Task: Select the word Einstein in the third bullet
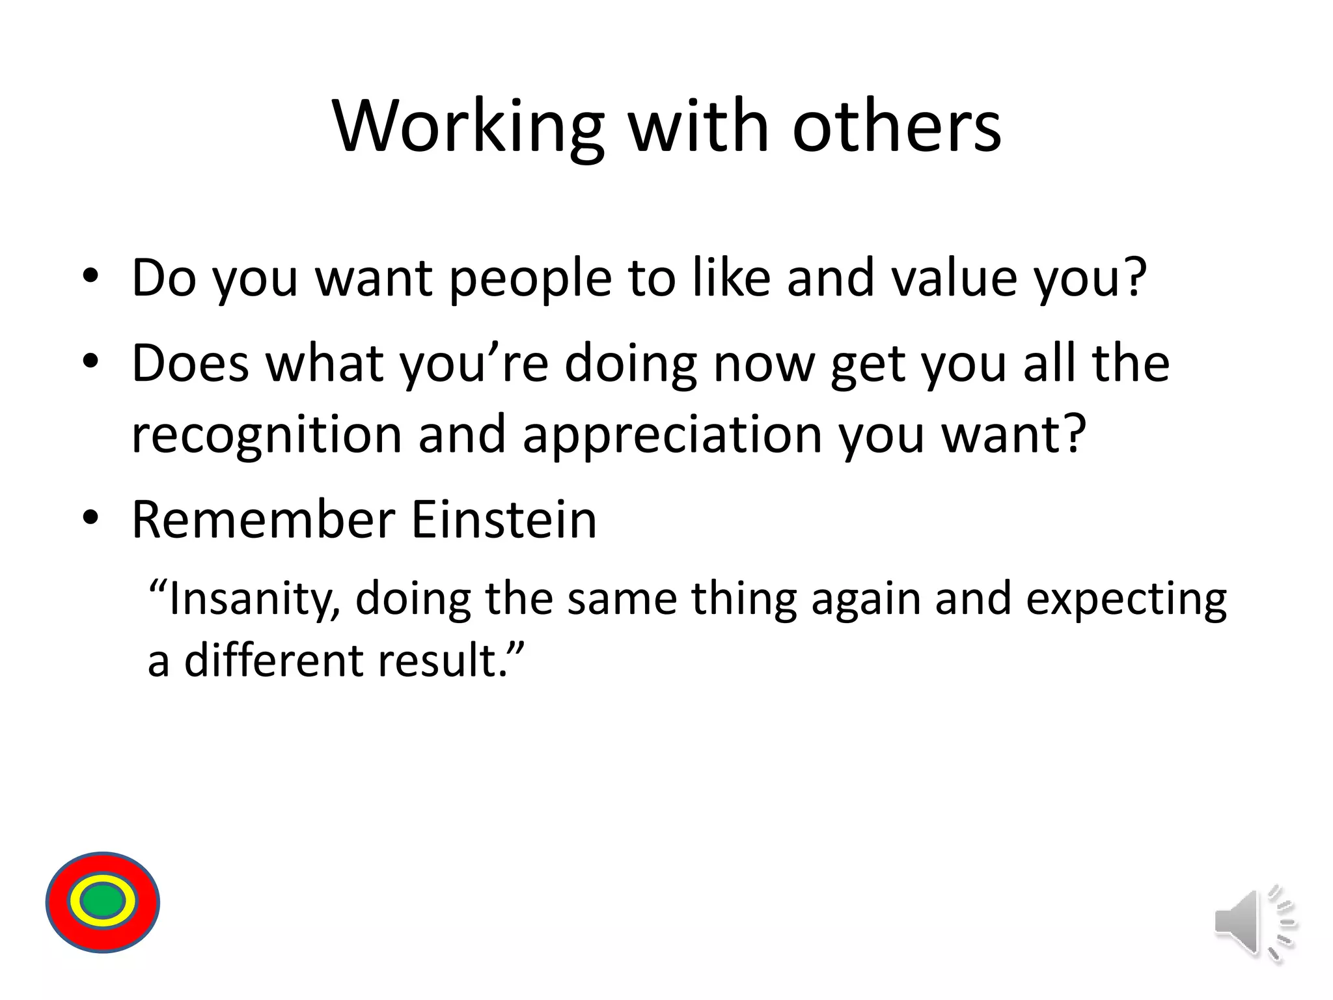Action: tap(504, 520)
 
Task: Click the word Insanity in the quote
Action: tap(251, 599)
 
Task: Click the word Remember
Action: tap(264, 520)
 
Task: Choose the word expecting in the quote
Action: tap(1126, 599)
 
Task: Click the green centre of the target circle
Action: tap(103, 902)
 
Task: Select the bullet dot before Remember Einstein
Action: tap(90, 518)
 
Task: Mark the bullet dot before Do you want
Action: tap(90, 276)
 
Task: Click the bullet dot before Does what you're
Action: tap(90, 361)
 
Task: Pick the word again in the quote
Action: tap(866, 599)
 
